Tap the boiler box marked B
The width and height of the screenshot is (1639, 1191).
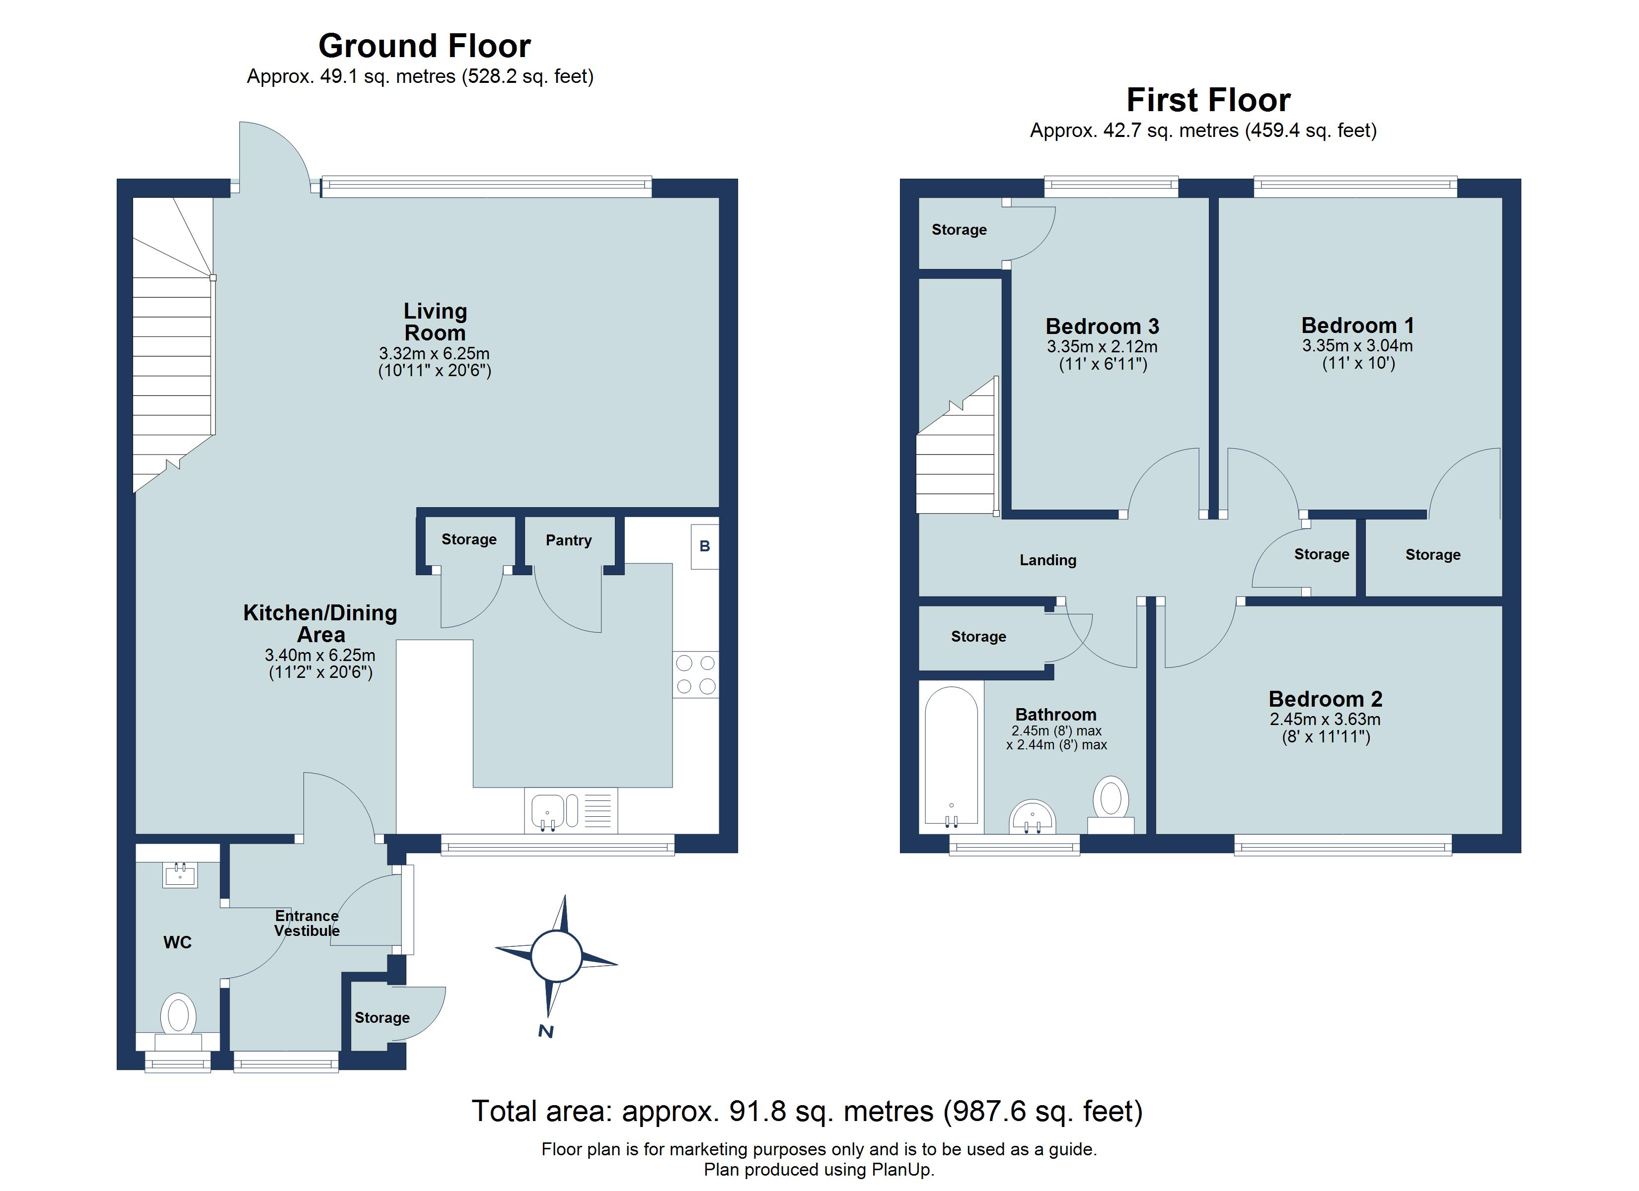[x=705, y=547]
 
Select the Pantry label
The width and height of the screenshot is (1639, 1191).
[x=568, y=540]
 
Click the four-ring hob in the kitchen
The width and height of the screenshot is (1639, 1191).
[x=695, y=674]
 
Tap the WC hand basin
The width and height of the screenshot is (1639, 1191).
[x=180, y=875]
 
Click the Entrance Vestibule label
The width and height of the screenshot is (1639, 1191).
[x=306, y=923]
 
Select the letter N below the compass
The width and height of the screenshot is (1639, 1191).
[x=546, y=1031]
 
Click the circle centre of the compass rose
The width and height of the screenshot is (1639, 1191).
[x=556, y=956]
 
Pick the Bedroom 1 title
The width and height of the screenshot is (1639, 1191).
[x=1357, y=325]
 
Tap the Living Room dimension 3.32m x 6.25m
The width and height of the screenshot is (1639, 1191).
[x=434, y=354]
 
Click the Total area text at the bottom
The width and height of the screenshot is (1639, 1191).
[x=807, y=1111]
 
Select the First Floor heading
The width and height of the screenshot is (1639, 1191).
[x=1207, y=100]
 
